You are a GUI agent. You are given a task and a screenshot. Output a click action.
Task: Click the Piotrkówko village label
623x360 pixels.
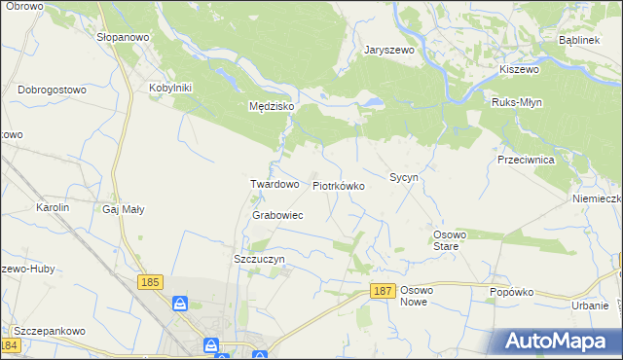tap(339, 185)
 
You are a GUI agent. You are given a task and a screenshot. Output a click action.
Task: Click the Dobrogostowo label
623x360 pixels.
tap(53, 90)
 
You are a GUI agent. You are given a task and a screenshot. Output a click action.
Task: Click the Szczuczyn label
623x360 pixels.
tap(259, 260)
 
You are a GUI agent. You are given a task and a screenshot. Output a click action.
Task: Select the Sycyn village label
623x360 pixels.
tap(404, 178)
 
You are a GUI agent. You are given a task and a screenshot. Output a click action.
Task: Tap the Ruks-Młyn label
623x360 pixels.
tap(517, 102)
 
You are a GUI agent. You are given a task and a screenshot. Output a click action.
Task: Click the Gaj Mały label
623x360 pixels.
tap(124, 209)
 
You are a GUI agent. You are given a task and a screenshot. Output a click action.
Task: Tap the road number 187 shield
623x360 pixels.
tap(384, 291)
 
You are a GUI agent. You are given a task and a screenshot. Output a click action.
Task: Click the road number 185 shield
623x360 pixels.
tap(150, 282)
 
